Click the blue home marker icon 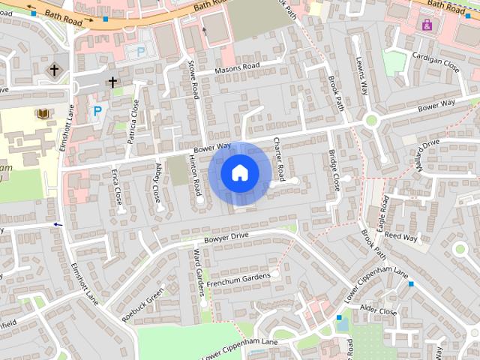[x=239, y=173]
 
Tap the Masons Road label [x=237, y=67]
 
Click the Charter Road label [x=278, y=159]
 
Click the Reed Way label [x=400, y=237]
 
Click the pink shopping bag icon [x=427, y=25]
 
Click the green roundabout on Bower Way [x=370, y=120]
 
